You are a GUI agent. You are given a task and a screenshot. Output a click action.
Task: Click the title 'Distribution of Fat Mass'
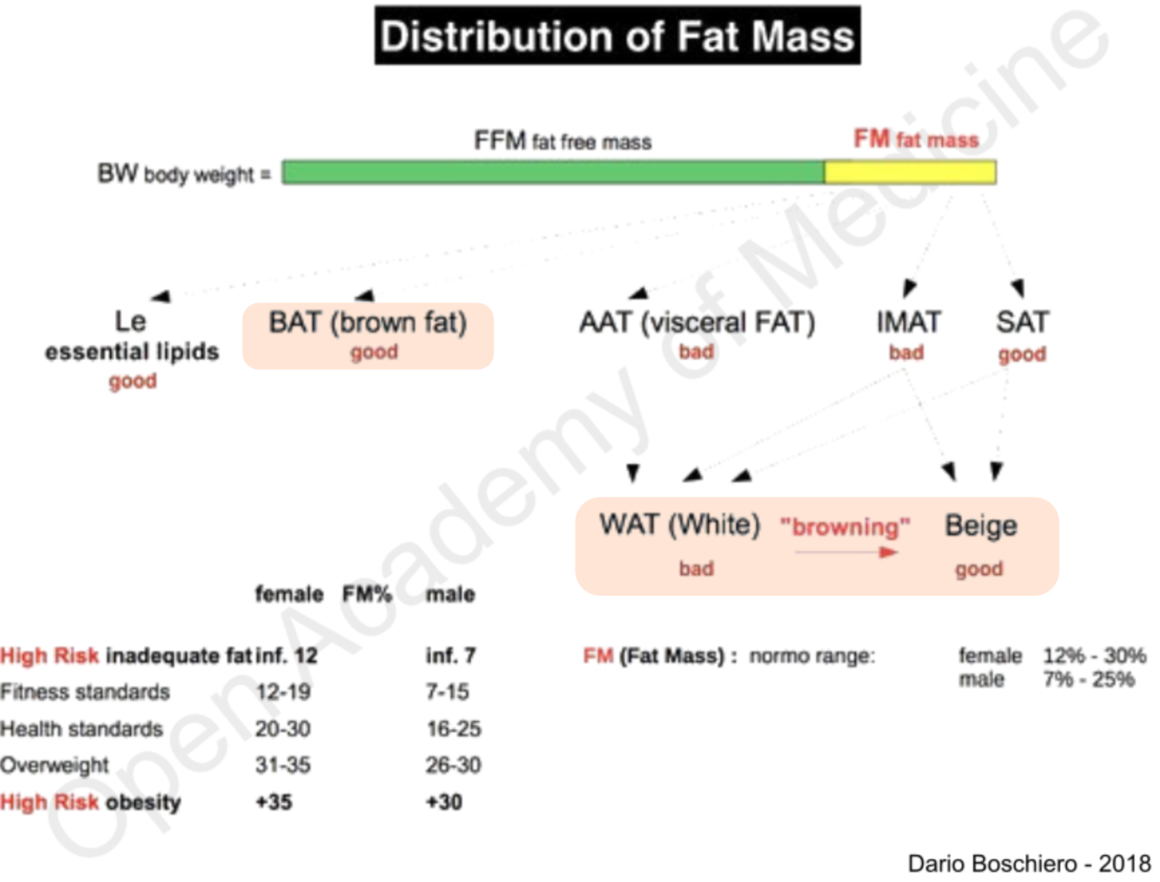point(617,36)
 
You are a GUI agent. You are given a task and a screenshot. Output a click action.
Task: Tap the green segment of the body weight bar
point(552,173)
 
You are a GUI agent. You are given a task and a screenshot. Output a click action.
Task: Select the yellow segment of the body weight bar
point(910,173)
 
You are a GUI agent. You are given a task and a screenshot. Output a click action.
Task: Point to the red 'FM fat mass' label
point(916,138)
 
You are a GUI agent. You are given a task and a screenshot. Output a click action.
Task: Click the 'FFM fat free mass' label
point(562,141)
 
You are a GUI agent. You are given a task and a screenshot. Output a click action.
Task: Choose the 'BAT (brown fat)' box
point(368,335)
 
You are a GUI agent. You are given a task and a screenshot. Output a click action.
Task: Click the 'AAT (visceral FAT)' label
point(696,323)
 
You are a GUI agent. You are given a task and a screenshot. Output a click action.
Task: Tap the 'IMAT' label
point(909,323)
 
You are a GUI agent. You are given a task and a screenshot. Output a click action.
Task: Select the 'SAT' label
point(1022,323)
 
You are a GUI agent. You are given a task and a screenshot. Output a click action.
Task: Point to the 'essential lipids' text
point(132,351)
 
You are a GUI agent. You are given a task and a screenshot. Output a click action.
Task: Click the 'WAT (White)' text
point(680,524)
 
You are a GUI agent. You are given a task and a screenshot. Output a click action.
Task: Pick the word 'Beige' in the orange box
point(981,526)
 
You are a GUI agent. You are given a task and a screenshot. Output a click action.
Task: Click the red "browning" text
point(845,527)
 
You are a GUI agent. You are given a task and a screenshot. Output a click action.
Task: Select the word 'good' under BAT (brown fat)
point(374,352)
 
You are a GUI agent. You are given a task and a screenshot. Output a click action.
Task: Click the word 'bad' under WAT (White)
point(696,569)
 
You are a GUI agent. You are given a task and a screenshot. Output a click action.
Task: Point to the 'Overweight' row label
point(55,765)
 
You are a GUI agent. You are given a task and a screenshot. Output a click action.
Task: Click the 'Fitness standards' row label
point(86,691)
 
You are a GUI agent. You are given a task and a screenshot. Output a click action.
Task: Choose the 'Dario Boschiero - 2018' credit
point(1029,863)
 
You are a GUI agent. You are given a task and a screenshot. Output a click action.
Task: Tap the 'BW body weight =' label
point(184,173)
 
